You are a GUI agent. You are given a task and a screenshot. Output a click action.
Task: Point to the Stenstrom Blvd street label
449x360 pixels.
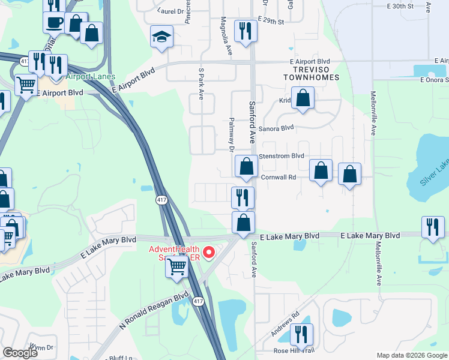pyautogui.click(x=282, y=156)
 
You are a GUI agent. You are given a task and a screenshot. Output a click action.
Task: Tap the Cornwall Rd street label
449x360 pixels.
pyautogui.click(x=279, y=178)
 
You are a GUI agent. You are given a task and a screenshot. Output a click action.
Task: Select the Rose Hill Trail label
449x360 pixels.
pyautogui.click(x=294, y=350)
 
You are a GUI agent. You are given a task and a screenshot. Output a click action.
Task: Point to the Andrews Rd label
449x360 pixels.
pyautogui.click(x=285, y=324)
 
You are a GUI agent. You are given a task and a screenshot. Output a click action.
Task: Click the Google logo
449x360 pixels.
pyautogui.click(x=20, y=353)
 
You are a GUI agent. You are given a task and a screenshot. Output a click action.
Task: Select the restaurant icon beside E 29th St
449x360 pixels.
pyautogui.click(x=245, y=32)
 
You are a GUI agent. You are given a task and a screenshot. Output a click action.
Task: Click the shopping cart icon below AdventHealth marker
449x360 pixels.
pyautogui.click(x=176, y=266)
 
